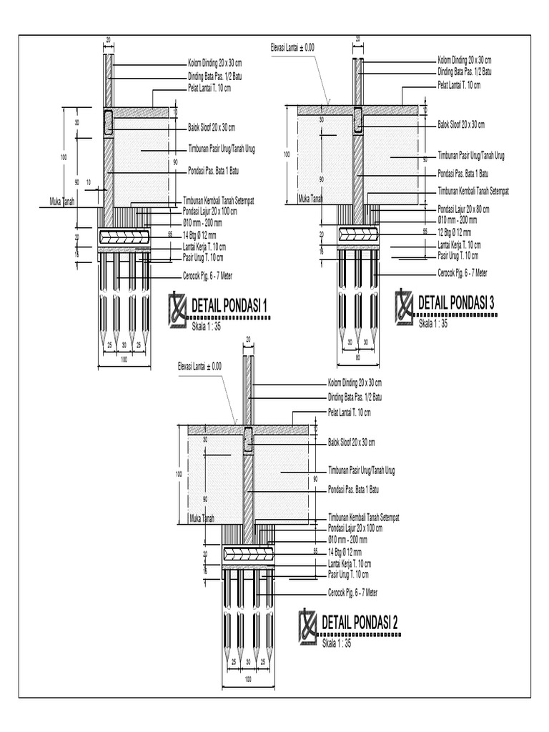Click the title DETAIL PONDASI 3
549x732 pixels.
pyautogui.click(x=456, y=303)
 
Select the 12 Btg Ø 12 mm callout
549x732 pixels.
pyautogui.click(x=454, y=232)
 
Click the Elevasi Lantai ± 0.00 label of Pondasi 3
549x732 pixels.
pyautogui.click(x=292, y=47)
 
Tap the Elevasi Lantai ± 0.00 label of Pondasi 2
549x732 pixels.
pyautogui.click(x=199, y=366)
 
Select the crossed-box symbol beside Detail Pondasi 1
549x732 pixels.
pyautogui.click(x=178, y=310)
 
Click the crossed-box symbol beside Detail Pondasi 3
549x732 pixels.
pyautogui.click(x=405, y=305)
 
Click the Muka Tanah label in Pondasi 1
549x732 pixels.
pyautogui.click(x=62, y=202)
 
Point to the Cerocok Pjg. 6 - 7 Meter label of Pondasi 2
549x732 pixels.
pyautogui.click(x=352, y=593)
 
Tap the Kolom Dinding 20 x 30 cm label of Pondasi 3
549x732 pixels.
pyautogui.click(x=464, y=59)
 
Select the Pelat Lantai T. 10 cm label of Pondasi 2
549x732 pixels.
pyautogui.click(x=350, y=412)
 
